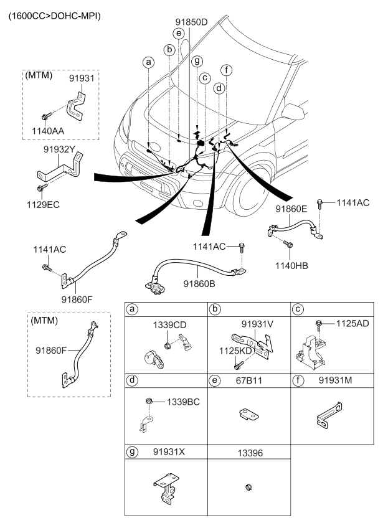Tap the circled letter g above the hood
pyautogui.click(x=197, y=60)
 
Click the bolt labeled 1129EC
pyautogui.click(x=40, y=187)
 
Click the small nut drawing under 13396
pyautogui.click(x=247, y=486)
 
